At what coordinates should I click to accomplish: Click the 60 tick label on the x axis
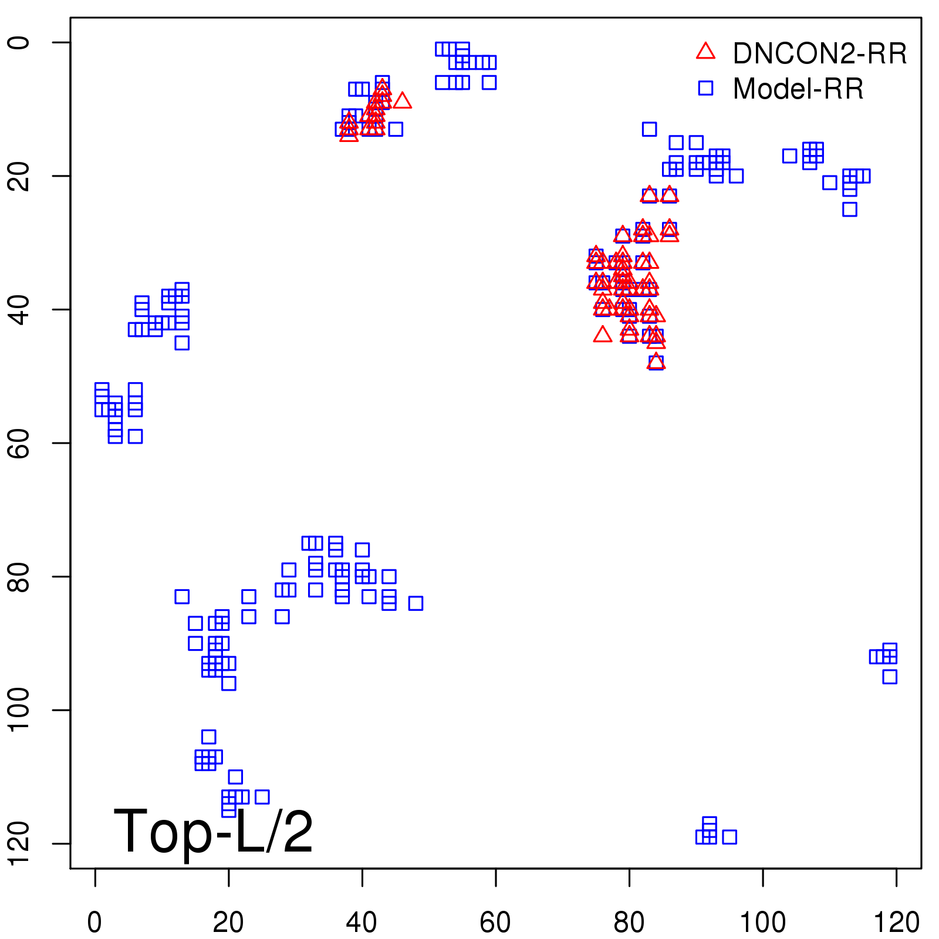point(495,922)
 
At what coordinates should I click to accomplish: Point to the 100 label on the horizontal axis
point(762,922)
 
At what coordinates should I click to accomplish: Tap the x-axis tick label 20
point(228,922)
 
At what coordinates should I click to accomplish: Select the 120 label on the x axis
point(896,922)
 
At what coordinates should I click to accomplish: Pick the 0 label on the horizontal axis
point(94,922)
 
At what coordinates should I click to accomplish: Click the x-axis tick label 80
point(629,922)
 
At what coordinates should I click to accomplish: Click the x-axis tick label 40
point(362,922)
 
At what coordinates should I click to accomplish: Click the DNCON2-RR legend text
point(819,53)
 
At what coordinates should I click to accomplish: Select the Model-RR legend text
point(798,89)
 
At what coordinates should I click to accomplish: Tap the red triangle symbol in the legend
point(705,52)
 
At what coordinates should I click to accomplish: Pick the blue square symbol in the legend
point(705,88)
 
